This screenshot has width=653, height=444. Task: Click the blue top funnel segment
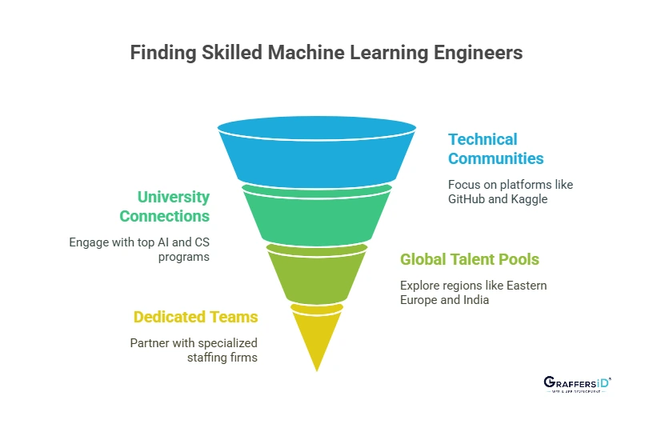(317, 152)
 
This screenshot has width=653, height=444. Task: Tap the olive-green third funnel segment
(317, 276)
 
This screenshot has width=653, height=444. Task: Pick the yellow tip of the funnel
(317, 336)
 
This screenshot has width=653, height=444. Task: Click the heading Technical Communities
(495, 149)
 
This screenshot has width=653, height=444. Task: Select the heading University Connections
(164, 206)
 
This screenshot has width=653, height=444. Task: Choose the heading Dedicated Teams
(195, 318)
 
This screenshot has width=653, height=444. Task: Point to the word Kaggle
(529, 198)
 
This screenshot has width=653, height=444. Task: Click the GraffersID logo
(576, 386)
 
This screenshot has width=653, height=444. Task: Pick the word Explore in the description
(420, 285)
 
